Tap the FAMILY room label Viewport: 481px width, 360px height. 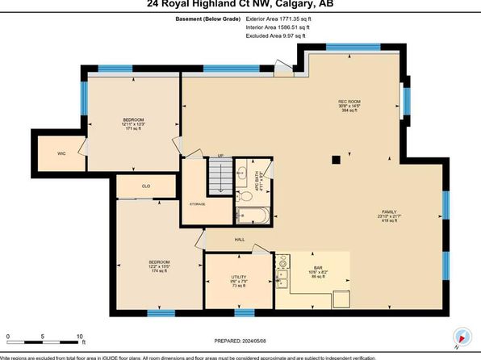pos(389,215)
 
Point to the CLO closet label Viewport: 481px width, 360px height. pos(146,186)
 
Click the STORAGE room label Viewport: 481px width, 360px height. pos(197,204)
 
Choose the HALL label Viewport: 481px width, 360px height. pos(240,240)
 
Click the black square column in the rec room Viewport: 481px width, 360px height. pos(336,159)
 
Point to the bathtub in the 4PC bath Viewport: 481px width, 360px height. pos(253,216)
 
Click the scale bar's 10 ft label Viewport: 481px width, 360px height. pos(80,335)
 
